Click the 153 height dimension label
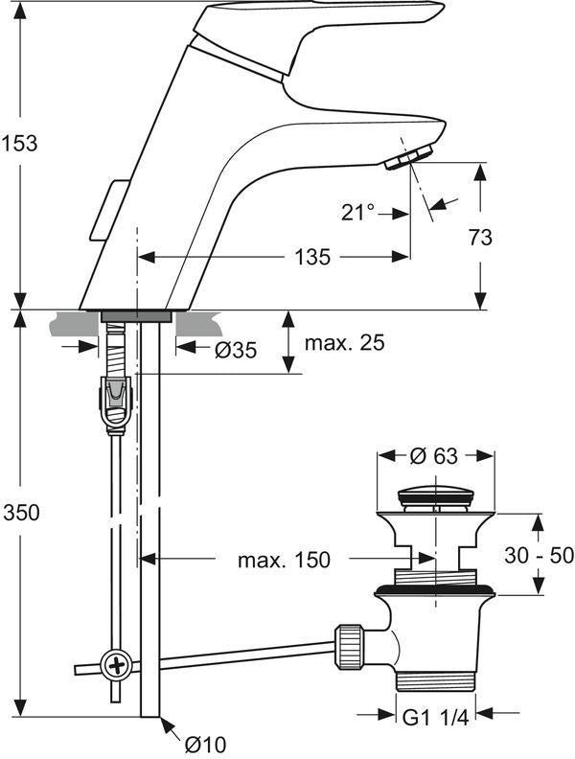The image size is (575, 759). point(19,144)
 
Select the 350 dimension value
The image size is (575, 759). point(21,512)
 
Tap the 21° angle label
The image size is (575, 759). point(357,212)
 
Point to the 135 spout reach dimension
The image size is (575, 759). point(312,257)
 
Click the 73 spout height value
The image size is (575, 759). point(480,238)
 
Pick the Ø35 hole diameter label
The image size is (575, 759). point(236,350)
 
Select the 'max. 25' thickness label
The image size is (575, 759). point(345,343)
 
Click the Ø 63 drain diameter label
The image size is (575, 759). point(433,455)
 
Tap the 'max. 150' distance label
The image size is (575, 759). point(284,560)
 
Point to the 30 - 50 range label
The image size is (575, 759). point(539,555)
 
